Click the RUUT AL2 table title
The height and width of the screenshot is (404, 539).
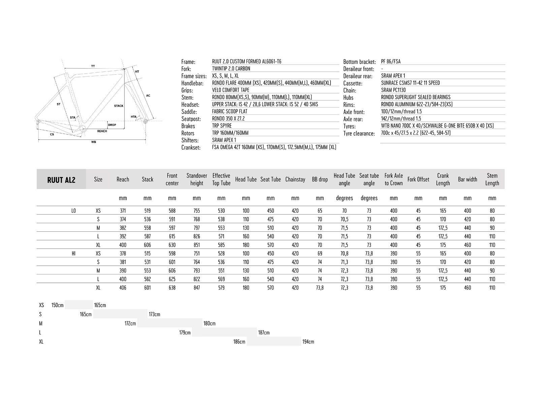[x=61, y=180]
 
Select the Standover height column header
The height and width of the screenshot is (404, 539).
[x=197, y=179]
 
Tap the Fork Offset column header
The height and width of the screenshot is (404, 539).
[x=418, y=179]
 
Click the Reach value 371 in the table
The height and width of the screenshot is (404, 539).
[x=123, y=211]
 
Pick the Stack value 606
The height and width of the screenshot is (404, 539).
[x=147, y=245]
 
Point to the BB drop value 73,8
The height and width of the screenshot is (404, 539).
[x=320, y=288]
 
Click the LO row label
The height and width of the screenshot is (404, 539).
[x=73, y=211]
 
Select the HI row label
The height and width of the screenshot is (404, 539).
[x=73, y=254]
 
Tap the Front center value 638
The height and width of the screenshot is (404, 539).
[x=172, y=288]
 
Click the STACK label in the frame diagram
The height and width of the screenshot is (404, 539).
[x=119, y=106]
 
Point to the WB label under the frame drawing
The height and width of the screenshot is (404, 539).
[x=94, y=142]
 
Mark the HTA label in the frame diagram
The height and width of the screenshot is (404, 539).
[x=134, y=117]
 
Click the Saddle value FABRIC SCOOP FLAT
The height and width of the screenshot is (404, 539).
[x=229, y=111]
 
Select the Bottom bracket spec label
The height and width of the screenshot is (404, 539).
[x=359, y=62]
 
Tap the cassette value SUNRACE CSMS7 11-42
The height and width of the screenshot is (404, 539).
[x=410, y=83]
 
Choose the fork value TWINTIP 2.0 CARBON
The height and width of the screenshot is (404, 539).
[x=231, y=69]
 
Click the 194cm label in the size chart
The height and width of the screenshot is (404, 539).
[x=308, y=342]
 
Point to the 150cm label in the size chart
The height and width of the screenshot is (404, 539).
[x=57, y=305]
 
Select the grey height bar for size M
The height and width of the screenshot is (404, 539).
[x=170, y=323]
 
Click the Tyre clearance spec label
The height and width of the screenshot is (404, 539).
[x=359, y=134]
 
